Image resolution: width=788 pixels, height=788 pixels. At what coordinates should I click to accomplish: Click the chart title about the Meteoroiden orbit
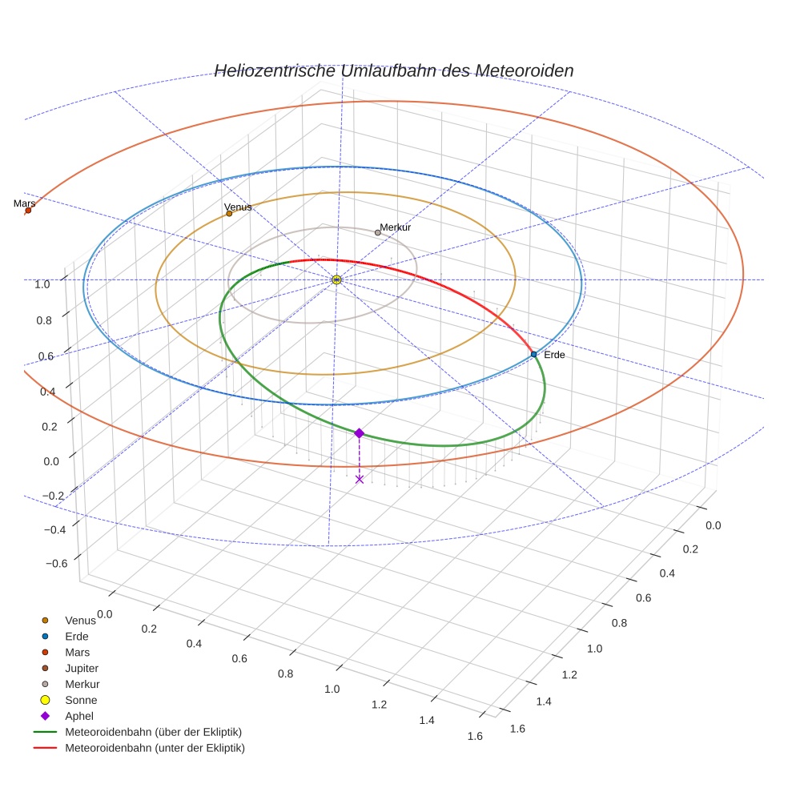pos(393,70)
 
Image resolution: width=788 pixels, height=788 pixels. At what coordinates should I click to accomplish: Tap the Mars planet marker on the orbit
pos(28,211)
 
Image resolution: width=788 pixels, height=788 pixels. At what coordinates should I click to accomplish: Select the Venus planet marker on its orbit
pos(229,213)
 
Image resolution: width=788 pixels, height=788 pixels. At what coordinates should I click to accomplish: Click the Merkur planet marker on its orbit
pos(378,232)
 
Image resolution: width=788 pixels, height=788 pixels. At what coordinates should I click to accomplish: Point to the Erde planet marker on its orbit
pos(533,354)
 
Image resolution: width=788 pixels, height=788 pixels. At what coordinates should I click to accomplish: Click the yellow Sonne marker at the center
pos(336,279)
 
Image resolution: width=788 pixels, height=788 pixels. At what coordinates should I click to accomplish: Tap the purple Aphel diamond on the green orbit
pos(359,432)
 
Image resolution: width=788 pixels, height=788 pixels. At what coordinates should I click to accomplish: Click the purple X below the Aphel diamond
pos(359,479)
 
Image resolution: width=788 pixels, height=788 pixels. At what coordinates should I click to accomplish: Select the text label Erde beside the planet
pos(554,355)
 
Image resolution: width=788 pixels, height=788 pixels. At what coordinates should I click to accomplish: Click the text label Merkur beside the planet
pos(396,227)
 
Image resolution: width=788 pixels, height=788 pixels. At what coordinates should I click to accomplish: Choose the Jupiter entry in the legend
pos(81,668)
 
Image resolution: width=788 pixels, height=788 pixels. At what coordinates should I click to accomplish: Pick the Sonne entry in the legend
pos(81,700)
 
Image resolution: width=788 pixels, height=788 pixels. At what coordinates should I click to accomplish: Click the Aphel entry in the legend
pos(78,716)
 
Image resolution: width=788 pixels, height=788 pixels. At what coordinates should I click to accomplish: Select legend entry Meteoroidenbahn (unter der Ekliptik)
pos(155,748)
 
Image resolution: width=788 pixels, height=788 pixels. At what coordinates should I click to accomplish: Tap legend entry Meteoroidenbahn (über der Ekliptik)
pos(153,732)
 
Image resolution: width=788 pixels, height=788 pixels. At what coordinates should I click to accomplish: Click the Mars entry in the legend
pos(77,652)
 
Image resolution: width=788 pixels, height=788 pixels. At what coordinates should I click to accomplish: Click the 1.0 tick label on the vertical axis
pos(42,283)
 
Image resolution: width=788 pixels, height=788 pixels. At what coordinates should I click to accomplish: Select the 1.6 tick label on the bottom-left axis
pos(476,737)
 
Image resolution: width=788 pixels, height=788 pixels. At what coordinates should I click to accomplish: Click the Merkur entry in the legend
pos(82,684)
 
